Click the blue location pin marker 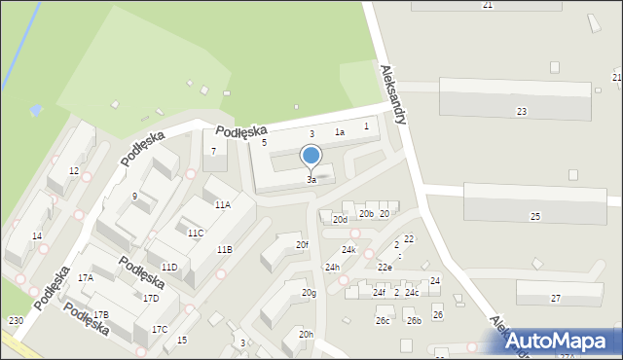(x=311, y=156)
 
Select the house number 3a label (x=311, y=180)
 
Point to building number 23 (x=522, y=112)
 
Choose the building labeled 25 (x=535, y=216)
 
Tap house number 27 (x=556, y=299)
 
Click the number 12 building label (x=74, y=171)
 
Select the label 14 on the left (x=37, y=236)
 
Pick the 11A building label (x=223, y=205)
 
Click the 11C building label (x=196, y=234)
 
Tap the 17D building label (x=151, y=299)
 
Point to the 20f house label (x=303, y=245)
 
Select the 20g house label (x=309, y=293)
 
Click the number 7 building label (x=214, y=151)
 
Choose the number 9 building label (x=134, y=197)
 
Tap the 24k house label (x=348, y=250)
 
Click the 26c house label (x=384, y=321)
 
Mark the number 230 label (x=16, y=321)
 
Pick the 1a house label (x=340, y=132)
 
